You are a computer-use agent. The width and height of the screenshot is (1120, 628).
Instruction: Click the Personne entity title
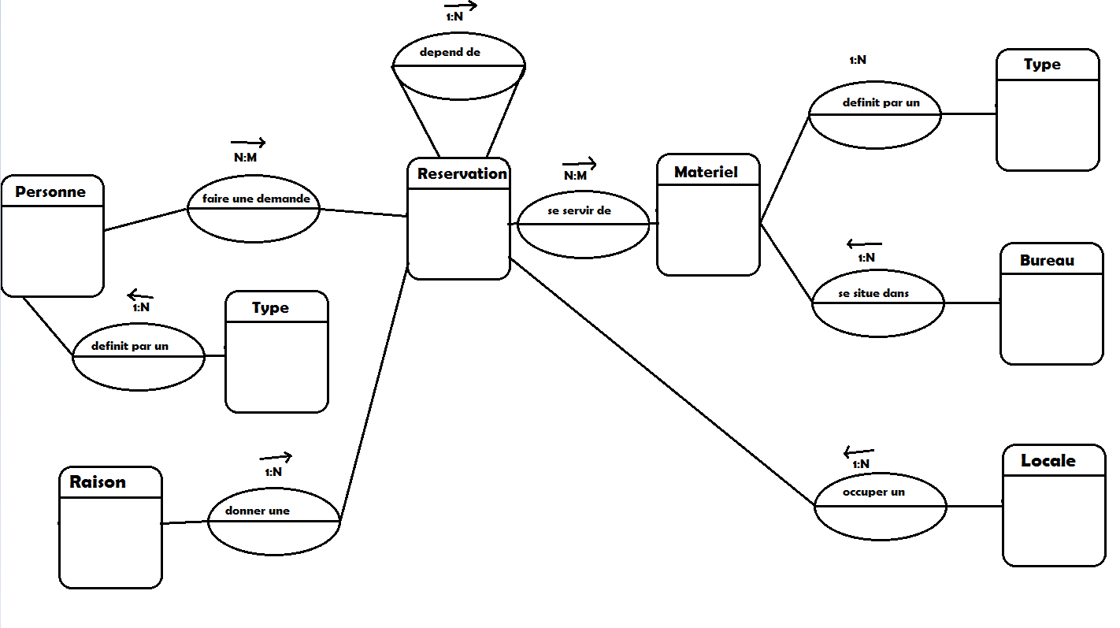(50, 191)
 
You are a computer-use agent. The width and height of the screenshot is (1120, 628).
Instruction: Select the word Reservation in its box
(462, 173)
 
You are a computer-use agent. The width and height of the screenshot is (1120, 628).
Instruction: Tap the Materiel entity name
(706, 172)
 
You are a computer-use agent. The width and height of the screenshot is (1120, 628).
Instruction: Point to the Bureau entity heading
(1047, 260)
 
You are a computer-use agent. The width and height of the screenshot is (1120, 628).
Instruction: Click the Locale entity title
(1048, 460)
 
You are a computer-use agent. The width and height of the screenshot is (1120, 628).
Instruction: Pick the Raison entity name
(98, 481)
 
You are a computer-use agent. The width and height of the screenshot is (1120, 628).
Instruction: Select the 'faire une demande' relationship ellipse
(254, 209)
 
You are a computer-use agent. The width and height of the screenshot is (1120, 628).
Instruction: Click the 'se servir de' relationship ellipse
(583, 224)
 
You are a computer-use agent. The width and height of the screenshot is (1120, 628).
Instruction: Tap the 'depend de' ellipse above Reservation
(458, 65)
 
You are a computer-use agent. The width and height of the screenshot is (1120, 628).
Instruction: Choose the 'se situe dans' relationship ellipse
(877, 303)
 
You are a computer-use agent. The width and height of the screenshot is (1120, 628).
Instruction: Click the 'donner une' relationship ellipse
(273, 521)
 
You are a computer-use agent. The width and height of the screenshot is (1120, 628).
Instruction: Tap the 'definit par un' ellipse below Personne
(139, 356)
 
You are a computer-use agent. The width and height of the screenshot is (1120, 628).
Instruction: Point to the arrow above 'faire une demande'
(248, 143)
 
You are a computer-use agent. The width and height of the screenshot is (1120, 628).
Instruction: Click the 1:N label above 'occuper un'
(861, 465)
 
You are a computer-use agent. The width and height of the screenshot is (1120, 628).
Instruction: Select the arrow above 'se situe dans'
(864, 244)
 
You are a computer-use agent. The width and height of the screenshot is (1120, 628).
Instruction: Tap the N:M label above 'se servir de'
(576, 176)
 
